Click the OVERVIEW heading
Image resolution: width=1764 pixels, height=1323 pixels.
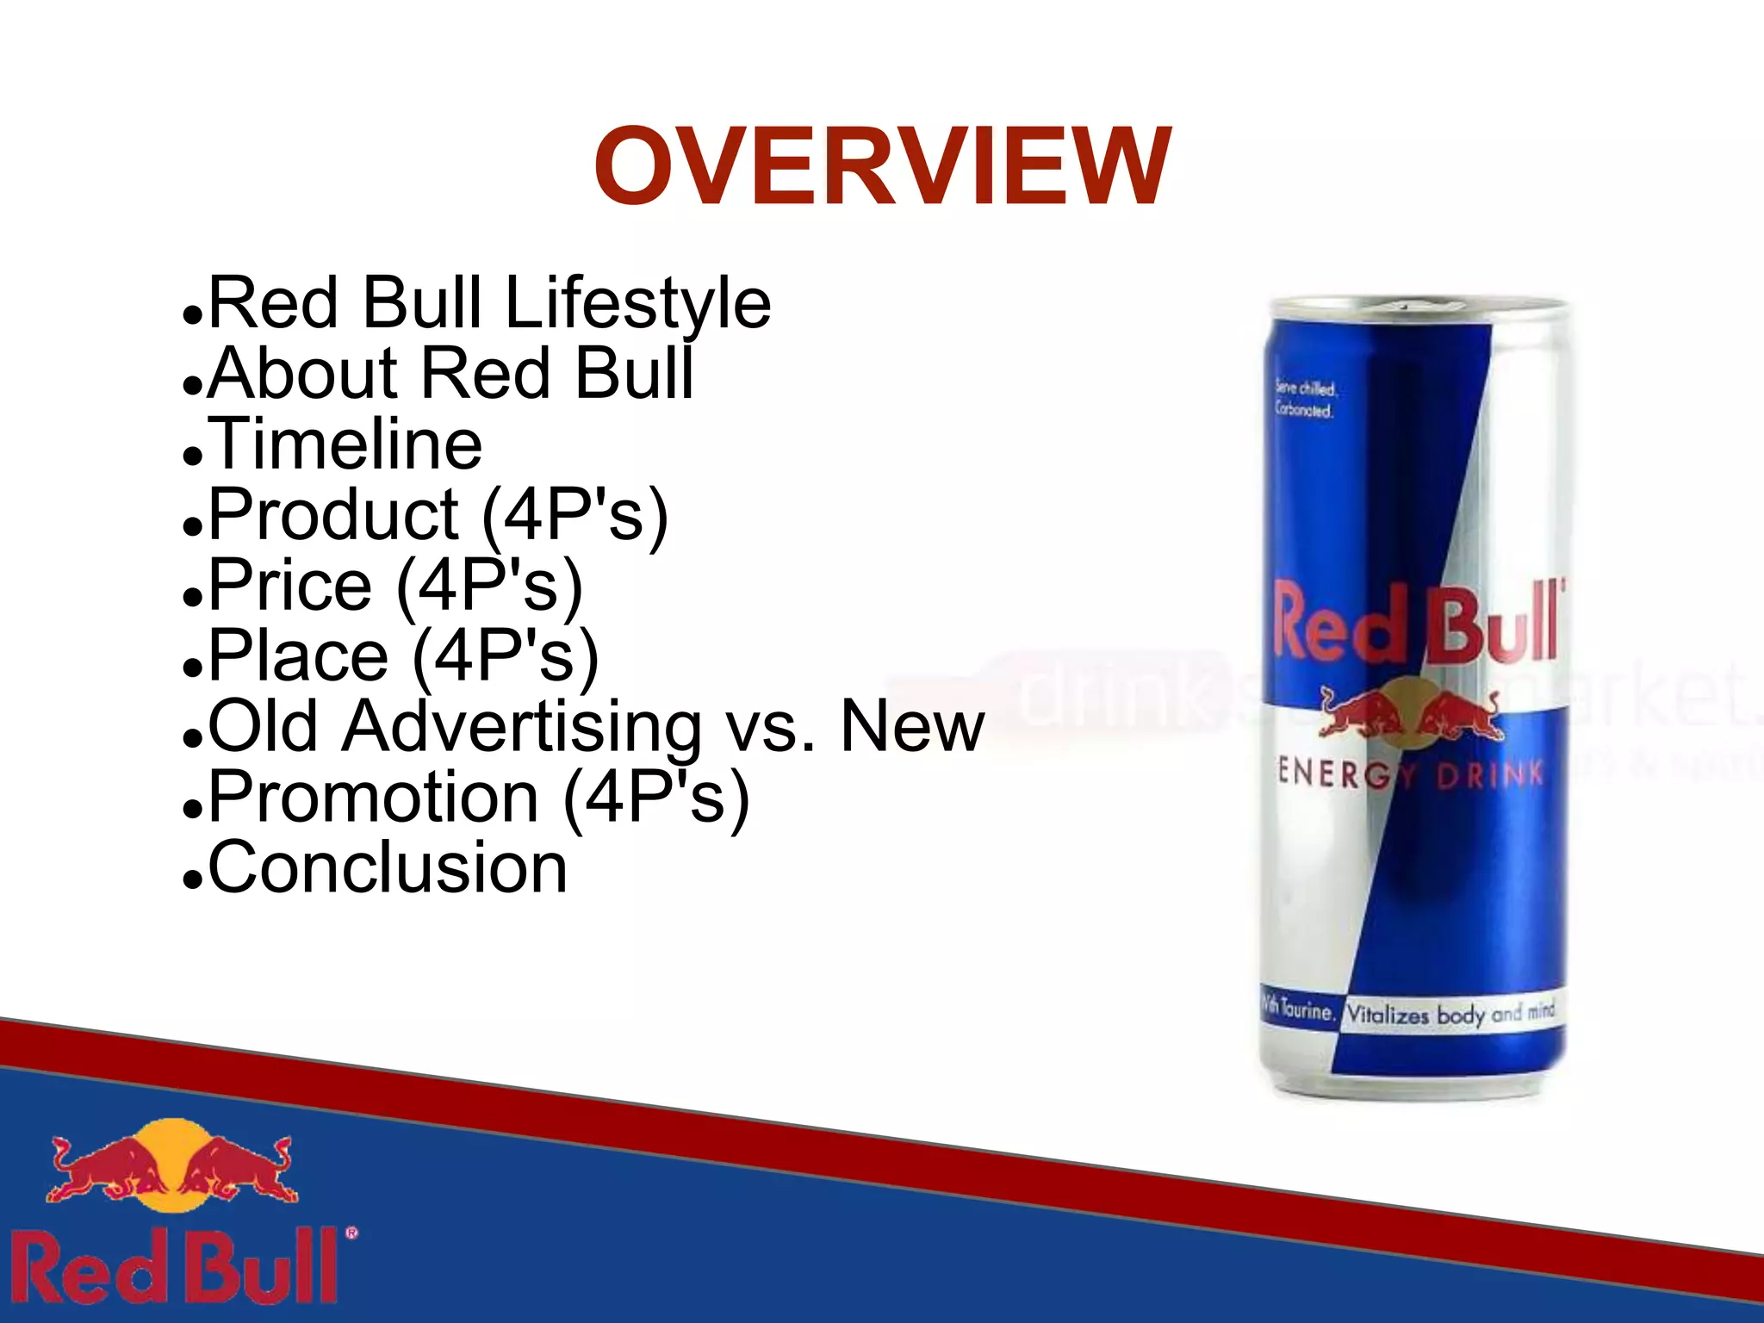click(882, 167)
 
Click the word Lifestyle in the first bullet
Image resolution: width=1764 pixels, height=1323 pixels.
click(637, 303)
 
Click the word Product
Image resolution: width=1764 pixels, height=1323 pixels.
click(334, 515)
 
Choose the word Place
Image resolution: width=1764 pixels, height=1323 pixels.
click(299, 656)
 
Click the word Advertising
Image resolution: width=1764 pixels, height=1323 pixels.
click(522, 727)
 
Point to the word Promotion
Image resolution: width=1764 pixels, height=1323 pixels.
click(374, 798)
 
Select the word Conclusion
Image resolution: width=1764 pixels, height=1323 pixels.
click(388, 868)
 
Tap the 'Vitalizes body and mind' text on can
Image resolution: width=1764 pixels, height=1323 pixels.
click(1450, 1014)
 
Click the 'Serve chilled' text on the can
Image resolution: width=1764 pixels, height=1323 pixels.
click(1305, 399)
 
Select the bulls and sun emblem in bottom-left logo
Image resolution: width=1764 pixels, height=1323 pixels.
click(173, 1165)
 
